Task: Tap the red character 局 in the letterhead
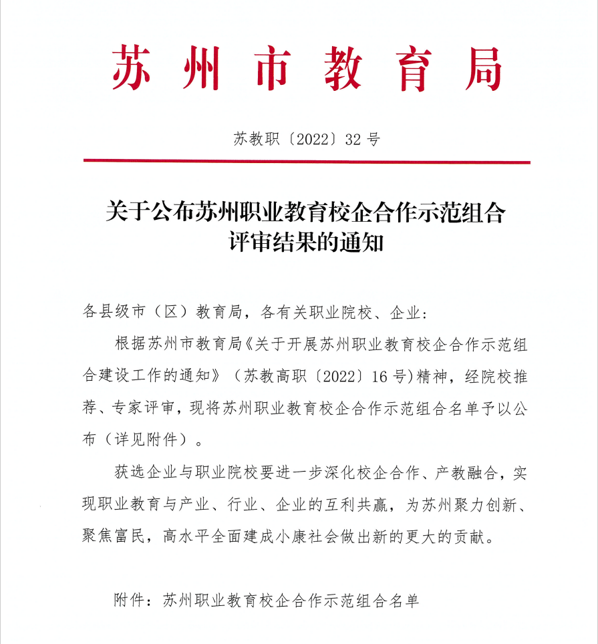[482, 69]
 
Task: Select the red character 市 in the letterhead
[273, 69]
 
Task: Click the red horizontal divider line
[307, 161]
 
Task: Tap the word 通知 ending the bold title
[369, 242]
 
